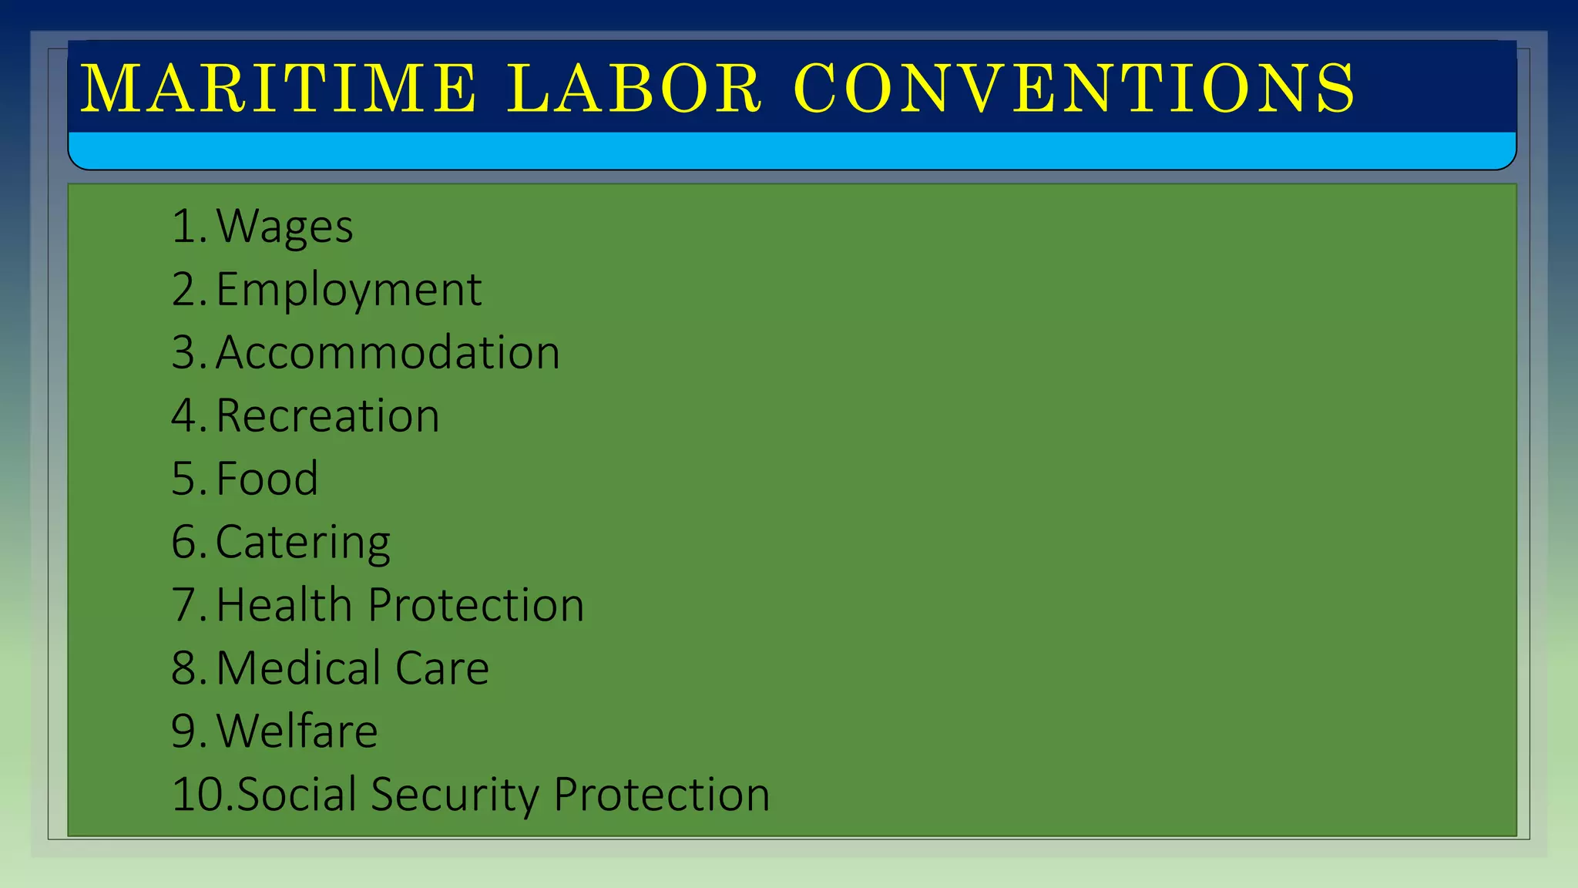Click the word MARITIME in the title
click(x=279, y=89)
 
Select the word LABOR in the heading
click(x=634, y=89)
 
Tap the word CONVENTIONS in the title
click(x=1074, y=89)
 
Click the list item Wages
click(x=284, y=227)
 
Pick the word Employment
click(x=348, y=291)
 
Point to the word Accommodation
click(x=388, y=353)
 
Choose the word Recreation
click(x=327, y=416)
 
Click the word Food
click(x=267, y=479)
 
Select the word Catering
click(x=303, y=543)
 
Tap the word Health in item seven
click(x=284, y=605)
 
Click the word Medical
click(x=298, y=668)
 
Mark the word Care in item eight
click(x=442, y=668)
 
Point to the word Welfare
click(x=297, y=732)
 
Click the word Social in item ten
click(x=296, y=795)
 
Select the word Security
click(x=455, y=795)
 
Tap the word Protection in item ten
click(x=662, y=795)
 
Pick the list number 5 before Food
click(x=185, y=479)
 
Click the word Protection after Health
click(x=476, y=605)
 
